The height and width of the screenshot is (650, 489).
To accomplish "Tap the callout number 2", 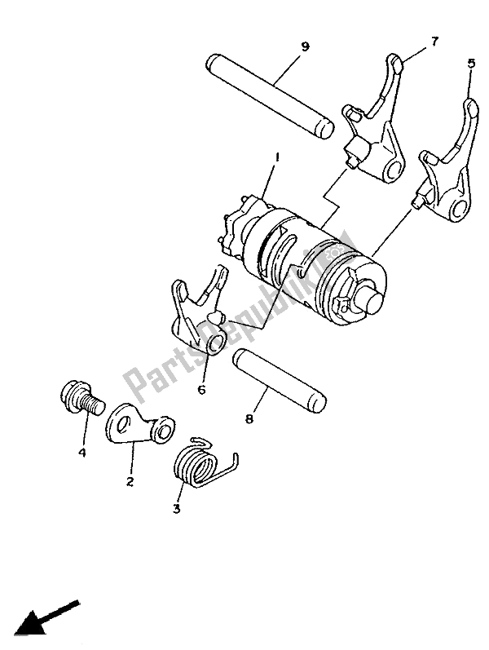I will click(129, 483).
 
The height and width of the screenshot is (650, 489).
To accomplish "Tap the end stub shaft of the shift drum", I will click(375, 303).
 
